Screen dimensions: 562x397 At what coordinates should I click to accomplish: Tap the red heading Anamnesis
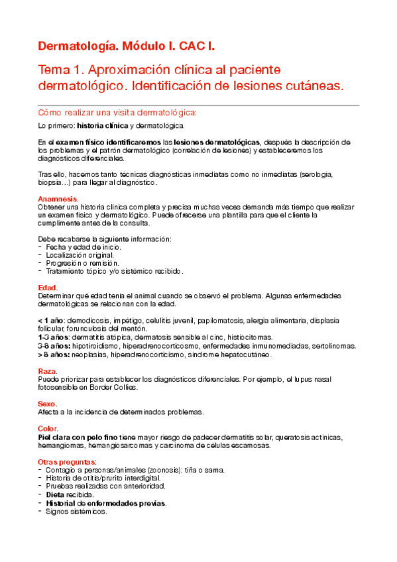58,199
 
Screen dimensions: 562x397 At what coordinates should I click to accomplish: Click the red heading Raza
48,371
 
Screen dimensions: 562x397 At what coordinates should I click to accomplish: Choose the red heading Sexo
48,403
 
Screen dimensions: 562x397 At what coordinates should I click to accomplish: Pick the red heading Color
49,429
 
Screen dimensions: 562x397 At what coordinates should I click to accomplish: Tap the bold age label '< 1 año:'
52,320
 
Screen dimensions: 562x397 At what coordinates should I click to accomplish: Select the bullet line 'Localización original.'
80,254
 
